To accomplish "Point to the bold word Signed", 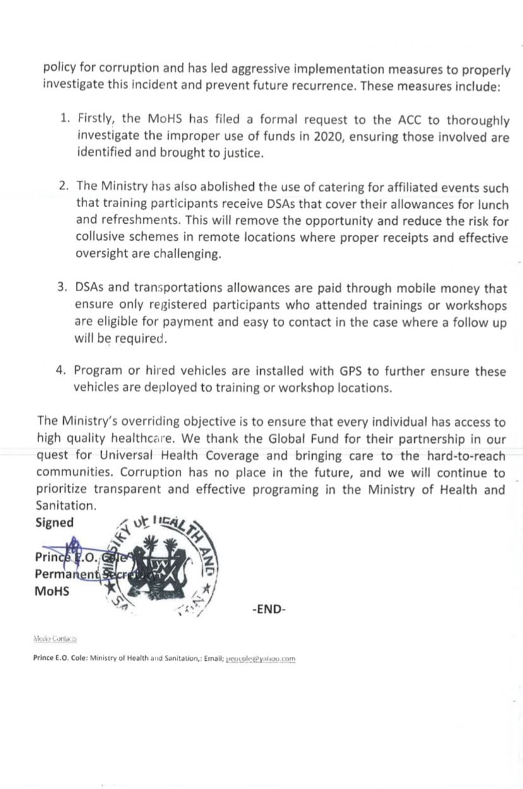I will [x=54, y=522].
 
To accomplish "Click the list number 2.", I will [x=64, y=186].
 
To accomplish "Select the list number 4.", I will [x=61, y=371].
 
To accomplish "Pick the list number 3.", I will [x=63, y=288].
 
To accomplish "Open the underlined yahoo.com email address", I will [x=261, y=659].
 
